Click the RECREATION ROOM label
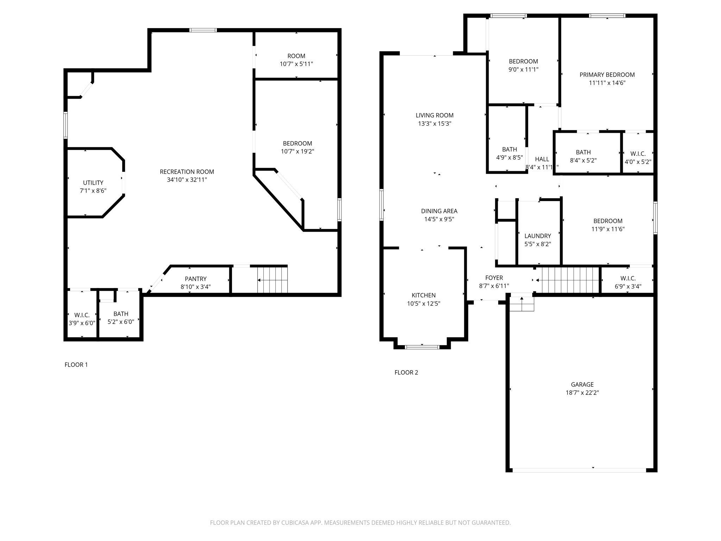tap(187, 172)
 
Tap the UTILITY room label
tap(93, 183)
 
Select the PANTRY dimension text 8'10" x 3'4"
tap(195, 287)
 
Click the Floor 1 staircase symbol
tap(272, 280)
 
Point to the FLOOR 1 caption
tap(76, 365)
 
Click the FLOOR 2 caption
tap(406, 373)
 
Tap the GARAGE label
tap(582, 385)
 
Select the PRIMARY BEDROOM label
tap(607, 75)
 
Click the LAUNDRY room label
tap(537, 236)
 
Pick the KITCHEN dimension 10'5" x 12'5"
tap(424, 304)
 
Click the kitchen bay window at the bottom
tap(422, 347)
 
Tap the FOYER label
tap(494, 278)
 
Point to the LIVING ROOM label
tap(434, 116)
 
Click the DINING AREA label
tap(439, 211)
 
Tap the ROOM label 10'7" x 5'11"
tap(296, 56)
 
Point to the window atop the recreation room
tap(203, 30)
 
